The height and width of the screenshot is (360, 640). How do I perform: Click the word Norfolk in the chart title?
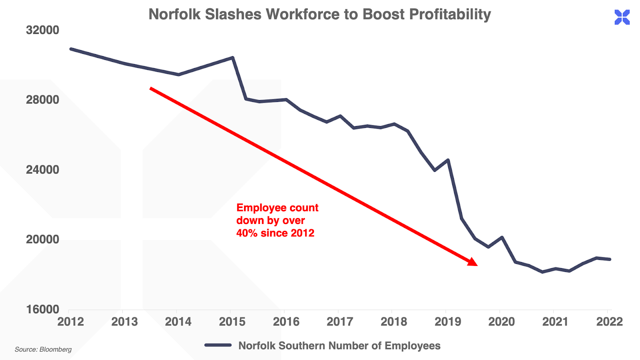(x=174, y=14)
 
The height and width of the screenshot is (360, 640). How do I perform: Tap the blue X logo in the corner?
(x=622, y=17)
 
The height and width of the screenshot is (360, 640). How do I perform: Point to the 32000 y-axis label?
(x=42, y=30)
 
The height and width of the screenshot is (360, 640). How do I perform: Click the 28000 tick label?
(x=42, y=100)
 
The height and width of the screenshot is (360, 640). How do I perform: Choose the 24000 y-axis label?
(x=42, y=170)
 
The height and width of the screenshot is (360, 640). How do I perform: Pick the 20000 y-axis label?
(x=42, y=239)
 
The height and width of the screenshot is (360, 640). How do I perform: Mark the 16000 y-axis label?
(x=42, y=309)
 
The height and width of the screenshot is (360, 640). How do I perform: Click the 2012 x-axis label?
(x=70, y=322)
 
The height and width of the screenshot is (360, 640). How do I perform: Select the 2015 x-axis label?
(x=232, y=322)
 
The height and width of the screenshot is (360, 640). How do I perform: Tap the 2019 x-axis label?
(x=448, y=322)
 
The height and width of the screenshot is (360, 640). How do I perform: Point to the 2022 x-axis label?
(x=609, y=322)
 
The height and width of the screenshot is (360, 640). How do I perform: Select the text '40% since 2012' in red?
(x=275, y=233)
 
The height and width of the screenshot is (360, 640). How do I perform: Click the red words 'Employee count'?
(x=277, y=208)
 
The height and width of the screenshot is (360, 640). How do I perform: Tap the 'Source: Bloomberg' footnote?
(x=43, y=349)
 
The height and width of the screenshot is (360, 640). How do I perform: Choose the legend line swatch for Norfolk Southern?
(x=218, y=345)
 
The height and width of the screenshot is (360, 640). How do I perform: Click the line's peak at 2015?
(x=232, y=58)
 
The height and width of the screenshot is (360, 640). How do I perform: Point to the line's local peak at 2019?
(x=448, y=160)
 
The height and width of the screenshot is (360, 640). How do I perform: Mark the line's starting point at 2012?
(x=71, y=49)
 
